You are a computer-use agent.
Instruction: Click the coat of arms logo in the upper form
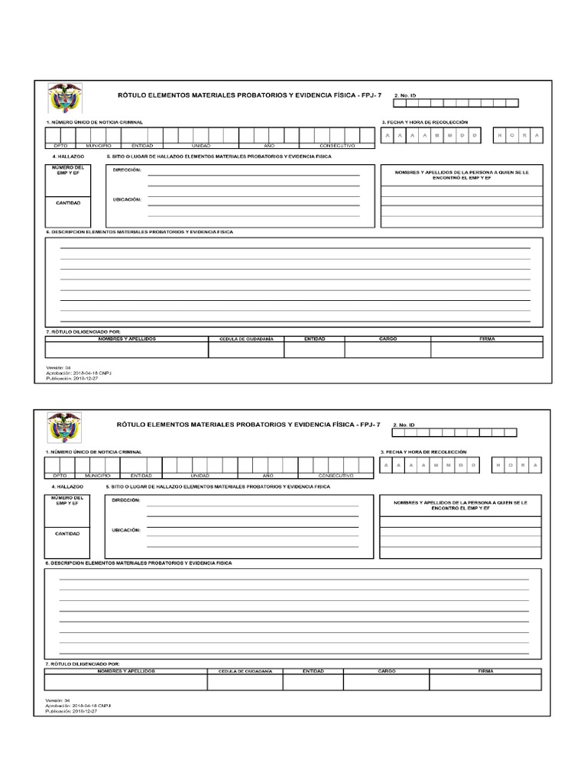click(64, 99)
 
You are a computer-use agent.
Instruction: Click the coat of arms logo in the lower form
click(63, 428)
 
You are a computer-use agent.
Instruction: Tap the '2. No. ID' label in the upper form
click(404, 95)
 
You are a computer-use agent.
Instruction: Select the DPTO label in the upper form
click(60, 145)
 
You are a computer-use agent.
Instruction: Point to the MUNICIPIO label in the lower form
click(98, 475)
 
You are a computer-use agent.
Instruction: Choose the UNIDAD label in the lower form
click(199, 475)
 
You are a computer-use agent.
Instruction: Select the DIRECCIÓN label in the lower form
click(125, 500)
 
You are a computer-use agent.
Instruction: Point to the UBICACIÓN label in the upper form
click(127, 199)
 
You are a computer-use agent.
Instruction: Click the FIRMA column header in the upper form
click(487, 338)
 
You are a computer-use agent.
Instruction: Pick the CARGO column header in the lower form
click(386, 671)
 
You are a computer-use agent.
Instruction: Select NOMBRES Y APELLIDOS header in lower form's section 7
click(126, 671)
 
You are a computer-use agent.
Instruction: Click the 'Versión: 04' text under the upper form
click(58, 367)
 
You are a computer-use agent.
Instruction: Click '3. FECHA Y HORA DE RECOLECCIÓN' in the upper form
click(423, 122)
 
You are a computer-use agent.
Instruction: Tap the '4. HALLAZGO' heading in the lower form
click(66, 486)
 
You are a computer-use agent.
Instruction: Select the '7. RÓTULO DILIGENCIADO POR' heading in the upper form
click(83, 331)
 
